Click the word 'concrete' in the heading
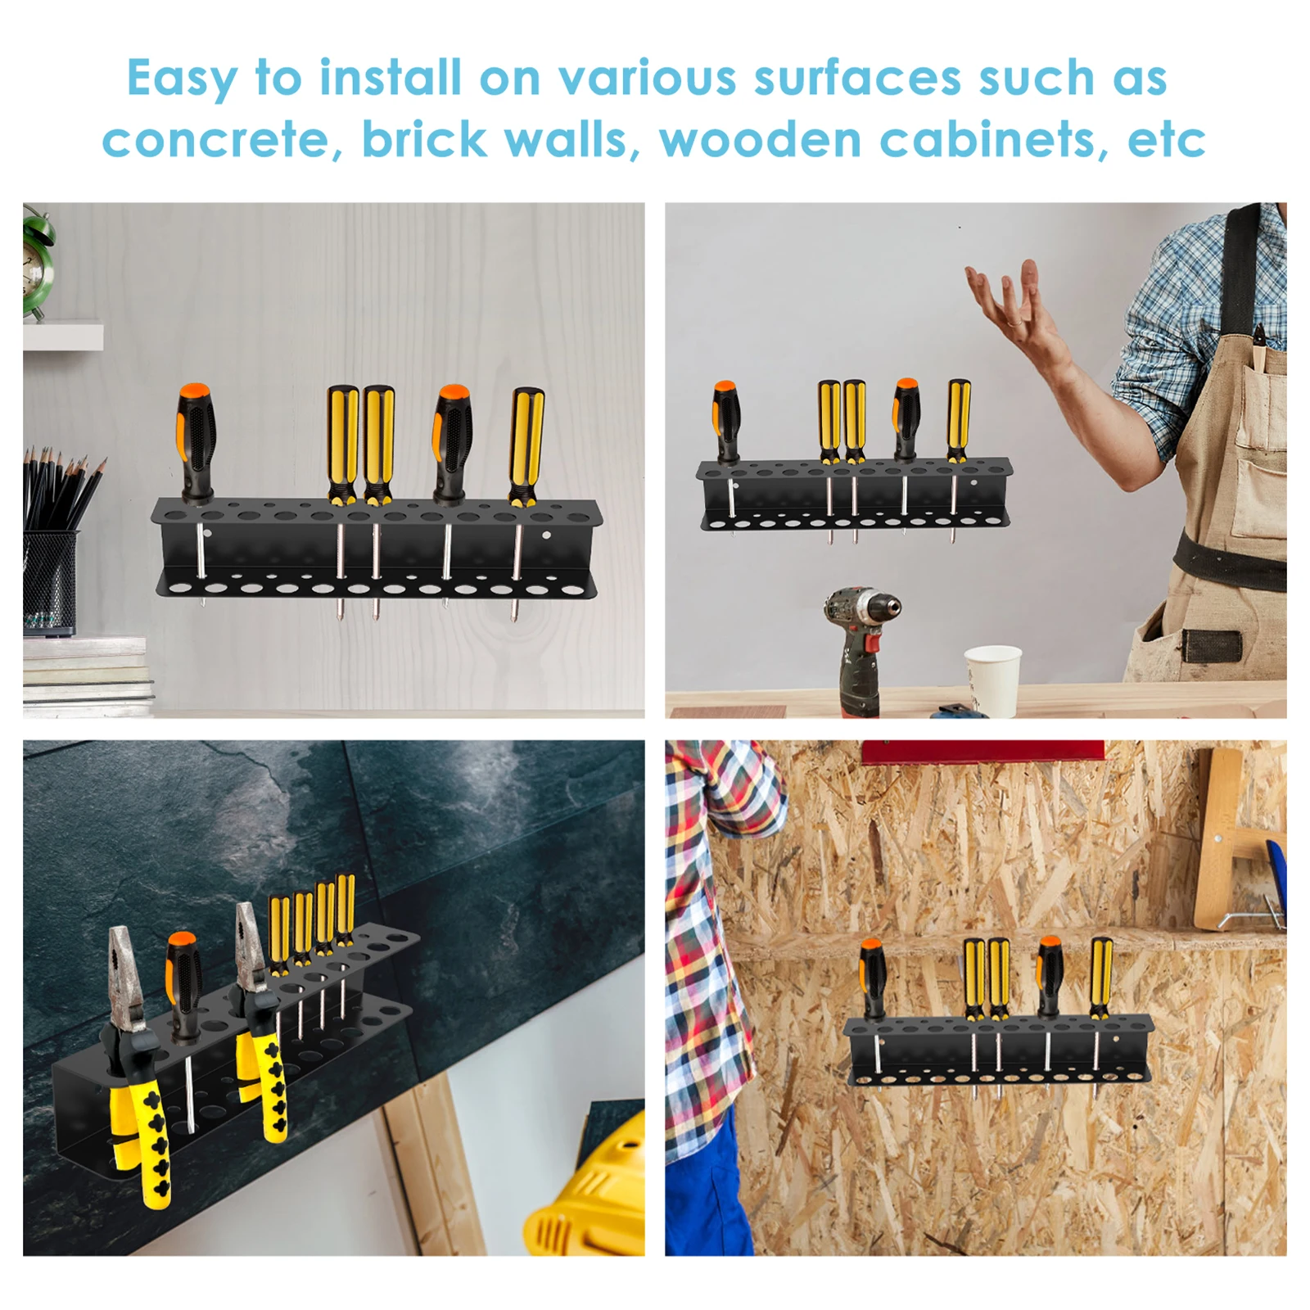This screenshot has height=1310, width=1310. [x=215, y=140]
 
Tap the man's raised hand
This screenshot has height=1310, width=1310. [x=1015, y=311]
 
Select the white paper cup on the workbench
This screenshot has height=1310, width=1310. [x=993, y=680]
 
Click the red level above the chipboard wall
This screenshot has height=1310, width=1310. [x=982, y=752]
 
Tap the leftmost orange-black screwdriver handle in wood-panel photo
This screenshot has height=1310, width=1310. [x=196, y=442]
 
